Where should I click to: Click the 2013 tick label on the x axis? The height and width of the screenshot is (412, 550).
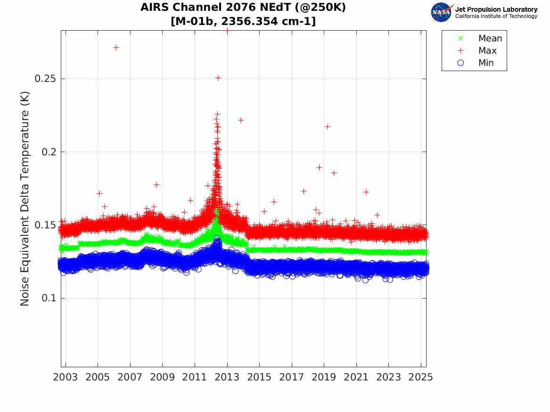pos(227,377)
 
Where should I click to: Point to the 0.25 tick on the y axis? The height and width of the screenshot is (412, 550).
pos(46,79)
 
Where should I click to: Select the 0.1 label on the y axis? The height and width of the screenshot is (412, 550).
pos(49,298)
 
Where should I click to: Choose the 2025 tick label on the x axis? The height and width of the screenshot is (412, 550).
pos(421,377)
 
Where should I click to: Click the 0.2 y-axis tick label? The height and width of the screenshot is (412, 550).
pos(49,152)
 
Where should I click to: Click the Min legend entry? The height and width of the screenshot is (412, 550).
pos(486,63)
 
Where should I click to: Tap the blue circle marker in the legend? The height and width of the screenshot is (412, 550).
pos(461,63)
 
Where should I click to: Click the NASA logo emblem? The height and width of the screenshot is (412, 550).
pos(441,12)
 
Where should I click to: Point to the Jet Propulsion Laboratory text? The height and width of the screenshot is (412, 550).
pos(496,9)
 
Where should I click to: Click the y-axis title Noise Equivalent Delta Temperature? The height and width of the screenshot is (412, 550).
pos(25,198)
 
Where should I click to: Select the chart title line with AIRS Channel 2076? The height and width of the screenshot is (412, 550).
pos(243,8)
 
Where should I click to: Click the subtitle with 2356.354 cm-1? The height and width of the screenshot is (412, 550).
pos(243,21)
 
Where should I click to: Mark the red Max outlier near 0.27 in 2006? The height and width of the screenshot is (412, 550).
pos(116,48)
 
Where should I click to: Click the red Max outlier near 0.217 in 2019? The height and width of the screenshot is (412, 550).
pos(327,127)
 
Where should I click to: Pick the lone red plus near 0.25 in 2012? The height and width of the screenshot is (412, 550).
pos(218,78)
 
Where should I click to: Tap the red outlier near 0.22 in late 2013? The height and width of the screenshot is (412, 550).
pos(240,121)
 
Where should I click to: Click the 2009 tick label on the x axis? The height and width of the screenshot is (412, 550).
pos(163,377)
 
